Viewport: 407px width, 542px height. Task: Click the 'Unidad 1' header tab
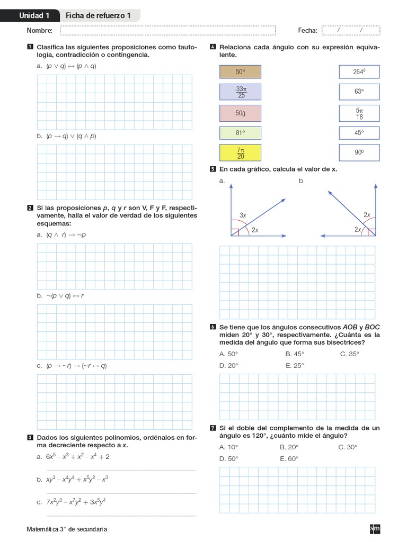34,16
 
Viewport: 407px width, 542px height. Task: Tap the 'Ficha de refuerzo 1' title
98,16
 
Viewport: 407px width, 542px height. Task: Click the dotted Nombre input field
168,31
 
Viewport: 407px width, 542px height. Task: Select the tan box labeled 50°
240,71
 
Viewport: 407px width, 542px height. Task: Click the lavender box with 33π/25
240,92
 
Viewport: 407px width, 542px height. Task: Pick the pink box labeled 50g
240,113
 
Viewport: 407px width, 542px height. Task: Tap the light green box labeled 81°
240,133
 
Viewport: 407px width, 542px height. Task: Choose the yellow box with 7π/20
240,153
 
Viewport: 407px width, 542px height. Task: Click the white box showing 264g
359,71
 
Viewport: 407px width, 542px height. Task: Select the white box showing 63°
359,92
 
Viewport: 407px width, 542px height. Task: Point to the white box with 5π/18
359,112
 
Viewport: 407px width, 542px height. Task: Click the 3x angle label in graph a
243,215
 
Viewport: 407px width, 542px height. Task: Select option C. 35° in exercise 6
350,354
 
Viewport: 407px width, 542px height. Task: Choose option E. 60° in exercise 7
289,458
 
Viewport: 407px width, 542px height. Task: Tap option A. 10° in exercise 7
229,447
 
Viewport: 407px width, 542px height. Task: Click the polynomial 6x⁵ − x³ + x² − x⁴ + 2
77,456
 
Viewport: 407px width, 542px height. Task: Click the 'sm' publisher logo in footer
375,528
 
